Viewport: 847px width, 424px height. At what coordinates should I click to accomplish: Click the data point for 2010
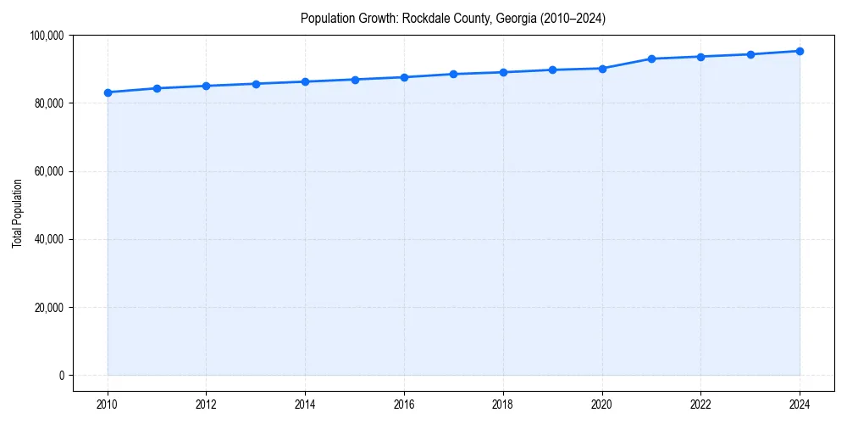point(108,92)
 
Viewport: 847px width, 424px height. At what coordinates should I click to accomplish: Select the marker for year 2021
point(651,59)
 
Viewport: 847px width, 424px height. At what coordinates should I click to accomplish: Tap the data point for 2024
point(800,51)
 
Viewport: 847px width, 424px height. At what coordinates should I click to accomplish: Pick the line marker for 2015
point(355,80)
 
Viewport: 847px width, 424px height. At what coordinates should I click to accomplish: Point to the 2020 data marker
point(602,69)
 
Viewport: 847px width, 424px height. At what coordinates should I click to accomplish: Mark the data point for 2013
point(256,84)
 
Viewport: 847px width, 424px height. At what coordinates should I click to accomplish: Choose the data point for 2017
point(454,74)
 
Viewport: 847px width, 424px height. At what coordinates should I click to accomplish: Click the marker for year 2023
point(750,54)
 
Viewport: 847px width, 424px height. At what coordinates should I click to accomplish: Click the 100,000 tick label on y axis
point(47,36)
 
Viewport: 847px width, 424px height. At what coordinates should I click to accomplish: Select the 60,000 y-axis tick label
point(49,171)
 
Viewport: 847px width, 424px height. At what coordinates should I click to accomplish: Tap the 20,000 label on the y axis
point(49,307)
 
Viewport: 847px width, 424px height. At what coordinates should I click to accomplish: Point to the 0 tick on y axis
point(61,375)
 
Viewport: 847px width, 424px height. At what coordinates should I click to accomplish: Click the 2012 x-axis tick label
point(207,404)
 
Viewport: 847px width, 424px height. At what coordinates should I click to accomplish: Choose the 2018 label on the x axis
point(503,404)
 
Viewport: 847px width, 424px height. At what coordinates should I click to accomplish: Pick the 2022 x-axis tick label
point(700,404)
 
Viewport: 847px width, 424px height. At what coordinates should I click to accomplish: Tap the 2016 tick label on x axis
point(404,404)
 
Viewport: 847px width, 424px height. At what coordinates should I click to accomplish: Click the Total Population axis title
point(17,213)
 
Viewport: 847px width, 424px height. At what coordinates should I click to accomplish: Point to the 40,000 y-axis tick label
point(49,239)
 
